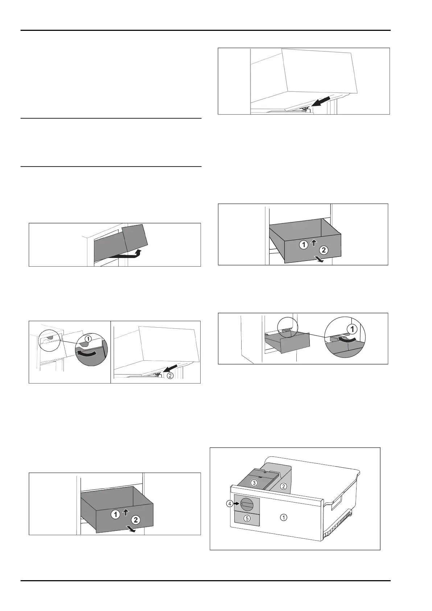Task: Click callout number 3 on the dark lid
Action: click(x=254, y=483)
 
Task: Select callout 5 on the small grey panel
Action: click(x=247, y=518)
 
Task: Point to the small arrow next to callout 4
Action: click(x=236, y=504)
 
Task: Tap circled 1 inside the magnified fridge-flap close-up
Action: click(x=87, y=338)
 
